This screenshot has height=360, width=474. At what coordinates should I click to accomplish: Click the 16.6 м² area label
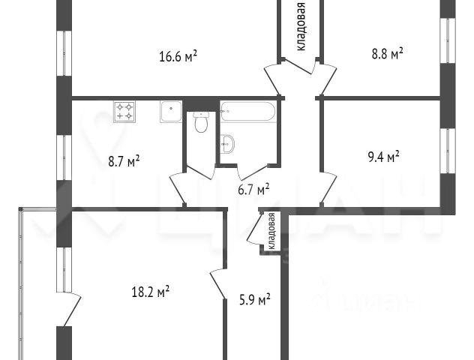(x=178, y=56)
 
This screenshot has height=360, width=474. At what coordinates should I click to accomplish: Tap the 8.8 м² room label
(x=387, y=53)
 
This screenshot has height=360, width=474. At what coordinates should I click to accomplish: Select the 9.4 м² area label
(x=383, y=156)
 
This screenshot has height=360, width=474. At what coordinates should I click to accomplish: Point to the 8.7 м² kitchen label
(x=124, y=160)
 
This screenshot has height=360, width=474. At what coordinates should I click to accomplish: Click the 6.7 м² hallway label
(x=253, y=190)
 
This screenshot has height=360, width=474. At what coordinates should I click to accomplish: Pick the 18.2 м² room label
(x=150, y=292)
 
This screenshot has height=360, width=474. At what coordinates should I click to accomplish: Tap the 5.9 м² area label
(x=254, y=300)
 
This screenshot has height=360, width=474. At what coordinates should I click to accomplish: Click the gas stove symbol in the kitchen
(x=124, y=112)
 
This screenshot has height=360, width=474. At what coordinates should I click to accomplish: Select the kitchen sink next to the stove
(x=171, y=112)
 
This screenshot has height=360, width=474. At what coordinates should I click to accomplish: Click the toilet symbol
(x=201, y=122)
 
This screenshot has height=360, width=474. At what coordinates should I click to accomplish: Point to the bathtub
(x=247, y=112)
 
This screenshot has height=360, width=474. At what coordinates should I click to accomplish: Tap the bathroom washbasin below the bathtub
(x=227, y=144)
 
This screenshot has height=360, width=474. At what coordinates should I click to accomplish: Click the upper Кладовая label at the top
(x=301, y=26)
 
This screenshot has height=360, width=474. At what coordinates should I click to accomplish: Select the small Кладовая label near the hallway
(x=271, y=231)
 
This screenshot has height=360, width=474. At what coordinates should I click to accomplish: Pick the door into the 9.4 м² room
(x=328, y=187)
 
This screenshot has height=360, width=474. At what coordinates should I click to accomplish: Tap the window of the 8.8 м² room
(x=448, y=40)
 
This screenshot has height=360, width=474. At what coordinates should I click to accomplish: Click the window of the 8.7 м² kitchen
(x=64, y=157)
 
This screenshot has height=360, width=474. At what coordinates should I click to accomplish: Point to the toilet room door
(x=200, y=172)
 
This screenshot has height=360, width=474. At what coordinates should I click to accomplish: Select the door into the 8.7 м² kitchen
(x=178, y=188)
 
